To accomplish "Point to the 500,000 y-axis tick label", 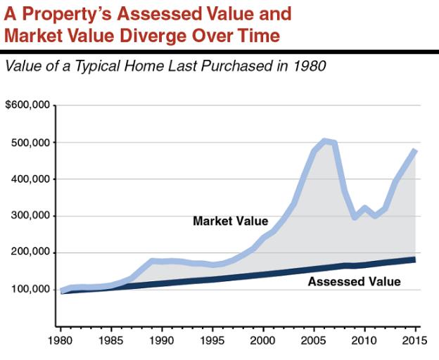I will (30, 143).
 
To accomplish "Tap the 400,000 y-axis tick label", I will (30, 179).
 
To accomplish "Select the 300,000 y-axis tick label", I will (30, 216).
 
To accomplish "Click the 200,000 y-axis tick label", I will (30, 252).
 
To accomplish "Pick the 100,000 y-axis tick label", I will (30, 290).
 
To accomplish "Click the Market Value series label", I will (230, 221).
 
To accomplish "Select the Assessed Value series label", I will (355, 282).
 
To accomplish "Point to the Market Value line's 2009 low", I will (355, 217).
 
